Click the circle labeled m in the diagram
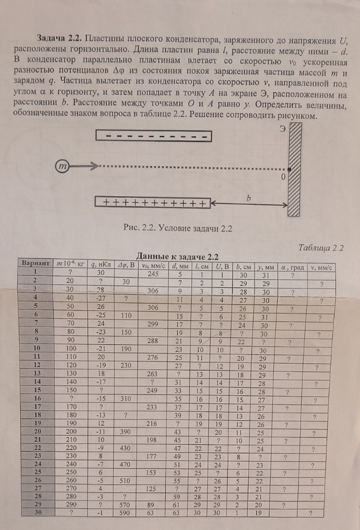coord(64,167)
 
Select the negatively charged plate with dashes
coord(154,136)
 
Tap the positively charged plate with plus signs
coord(153,203)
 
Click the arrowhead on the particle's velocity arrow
coord(93,167)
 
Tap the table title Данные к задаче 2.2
coord(177,256)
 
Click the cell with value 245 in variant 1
coord(153,273)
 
